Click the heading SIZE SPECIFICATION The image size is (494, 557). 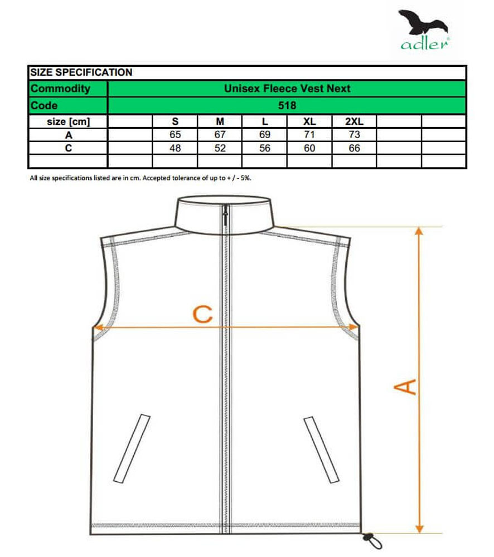81,72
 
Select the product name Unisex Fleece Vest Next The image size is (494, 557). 287,89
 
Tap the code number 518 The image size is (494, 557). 288,105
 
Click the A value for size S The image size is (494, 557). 175,135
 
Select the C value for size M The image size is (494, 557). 220,148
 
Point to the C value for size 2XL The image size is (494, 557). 353,148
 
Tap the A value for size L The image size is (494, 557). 265,135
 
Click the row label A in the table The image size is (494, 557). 68,135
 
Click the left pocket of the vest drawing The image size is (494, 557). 132,447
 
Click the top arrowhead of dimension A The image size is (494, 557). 419,232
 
